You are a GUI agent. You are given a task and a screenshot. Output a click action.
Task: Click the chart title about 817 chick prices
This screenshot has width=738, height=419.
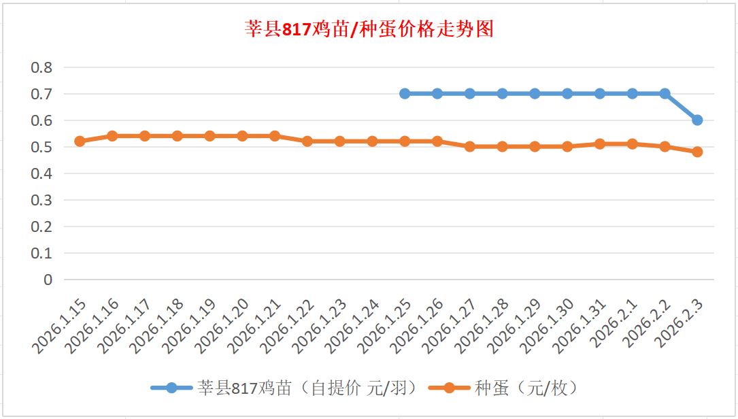coord(369,29)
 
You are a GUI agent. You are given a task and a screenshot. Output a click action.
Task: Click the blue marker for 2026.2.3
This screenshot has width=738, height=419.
coord(697,120)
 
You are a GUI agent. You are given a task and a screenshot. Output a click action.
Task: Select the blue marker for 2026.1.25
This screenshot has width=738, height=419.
coord(405,93)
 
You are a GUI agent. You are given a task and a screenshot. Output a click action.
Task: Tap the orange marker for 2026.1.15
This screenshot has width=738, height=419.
coord(80,141)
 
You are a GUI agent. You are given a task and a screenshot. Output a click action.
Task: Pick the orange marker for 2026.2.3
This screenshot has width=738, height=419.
coord(697,152)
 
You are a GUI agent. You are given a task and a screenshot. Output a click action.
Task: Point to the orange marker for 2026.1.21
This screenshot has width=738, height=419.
coord(275,136)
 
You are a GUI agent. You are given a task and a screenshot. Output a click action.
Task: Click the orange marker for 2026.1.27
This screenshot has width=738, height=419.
coord(470,146)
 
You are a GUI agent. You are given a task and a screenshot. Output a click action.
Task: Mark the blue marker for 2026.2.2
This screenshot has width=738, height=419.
coord(665,93)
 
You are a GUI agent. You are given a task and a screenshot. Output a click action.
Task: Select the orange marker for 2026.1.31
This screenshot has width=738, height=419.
coord(600,144)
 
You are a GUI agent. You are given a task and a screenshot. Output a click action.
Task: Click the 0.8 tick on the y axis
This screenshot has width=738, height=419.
coord(41,67)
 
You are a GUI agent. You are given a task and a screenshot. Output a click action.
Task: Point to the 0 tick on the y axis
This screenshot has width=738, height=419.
coord(48,280)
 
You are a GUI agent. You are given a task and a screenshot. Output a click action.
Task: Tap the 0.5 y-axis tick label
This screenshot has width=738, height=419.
coord(41,147)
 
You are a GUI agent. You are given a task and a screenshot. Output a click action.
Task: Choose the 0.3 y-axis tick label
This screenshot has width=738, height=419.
coord(41,200)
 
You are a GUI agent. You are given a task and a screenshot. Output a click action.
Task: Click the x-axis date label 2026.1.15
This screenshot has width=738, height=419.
coord(60,325)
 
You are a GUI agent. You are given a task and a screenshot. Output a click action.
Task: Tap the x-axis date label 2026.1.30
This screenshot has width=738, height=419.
coord(548,325)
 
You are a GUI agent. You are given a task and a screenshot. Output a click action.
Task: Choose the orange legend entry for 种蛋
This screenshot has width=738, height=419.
coord(504,388)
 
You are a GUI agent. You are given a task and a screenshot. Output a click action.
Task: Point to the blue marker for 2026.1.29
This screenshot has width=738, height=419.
coord(535,93)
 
